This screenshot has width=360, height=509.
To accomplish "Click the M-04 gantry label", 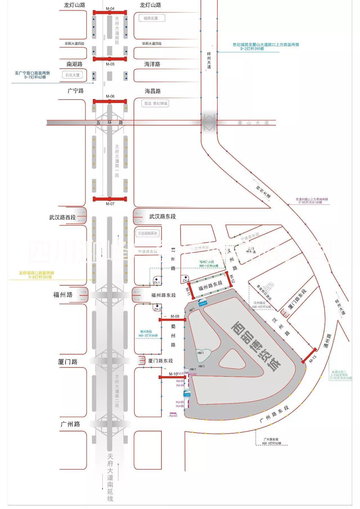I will [x=110, y=9].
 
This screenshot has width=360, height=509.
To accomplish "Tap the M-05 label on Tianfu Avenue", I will [x=110, y=64].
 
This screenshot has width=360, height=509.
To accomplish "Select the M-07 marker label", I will [x=110, y=204].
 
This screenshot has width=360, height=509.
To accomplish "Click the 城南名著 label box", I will [x=152, y=18].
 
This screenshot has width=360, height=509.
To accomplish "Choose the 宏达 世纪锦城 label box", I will [x=156, y=104].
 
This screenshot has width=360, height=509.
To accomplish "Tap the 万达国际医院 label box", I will [x=148, y=233].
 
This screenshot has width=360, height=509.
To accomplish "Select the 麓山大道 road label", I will [x=253, y=123].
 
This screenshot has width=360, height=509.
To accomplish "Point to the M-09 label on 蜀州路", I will [x=175, y=316].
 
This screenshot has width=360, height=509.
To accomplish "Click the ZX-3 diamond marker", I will [x=157, y=306].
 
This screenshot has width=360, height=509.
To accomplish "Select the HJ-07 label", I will [x=174, y=416].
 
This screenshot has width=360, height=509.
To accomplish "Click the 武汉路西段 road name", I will [x=62, y=217].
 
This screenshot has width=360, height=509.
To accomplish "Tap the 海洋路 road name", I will [x=152, y=64].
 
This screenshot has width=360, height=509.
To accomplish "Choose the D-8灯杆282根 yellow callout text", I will [x=40, y=277].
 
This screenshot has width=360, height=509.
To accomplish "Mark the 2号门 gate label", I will [x=201, y=353].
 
